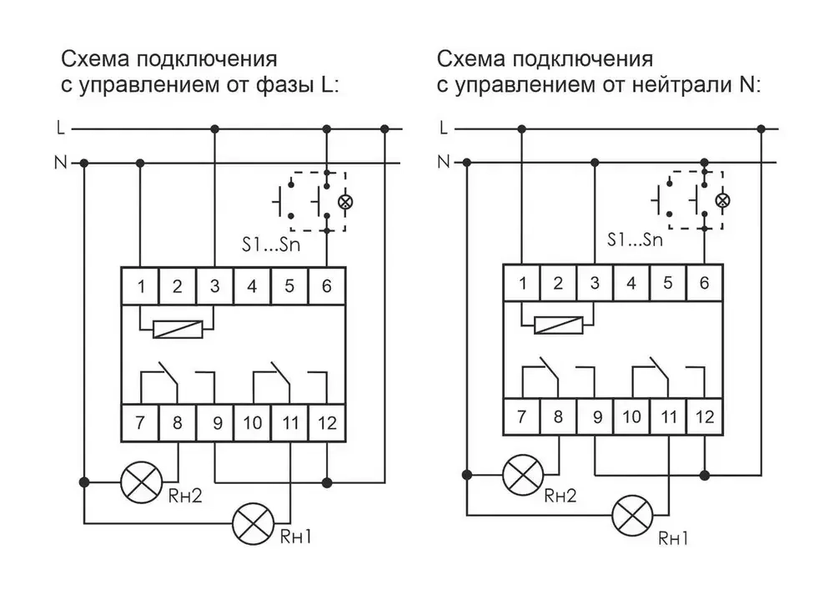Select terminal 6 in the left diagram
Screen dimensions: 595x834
click(326, 287)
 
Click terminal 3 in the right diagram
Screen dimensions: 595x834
click(595, 282)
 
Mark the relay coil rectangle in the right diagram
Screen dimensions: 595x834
click(558, 324)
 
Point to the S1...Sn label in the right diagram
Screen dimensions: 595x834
click(635, 240)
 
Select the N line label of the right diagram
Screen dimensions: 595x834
click(443, 160)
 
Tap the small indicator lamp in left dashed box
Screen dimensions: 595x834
click(342, 202)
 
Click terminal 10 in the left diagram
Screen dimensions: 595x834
click(252, 422)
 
